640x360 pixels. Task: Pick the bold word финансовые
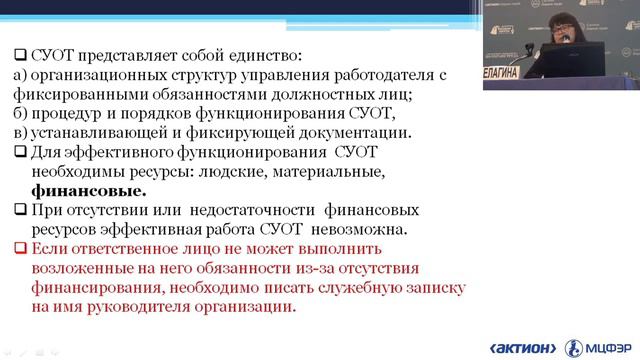click(x=88, y=190)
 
